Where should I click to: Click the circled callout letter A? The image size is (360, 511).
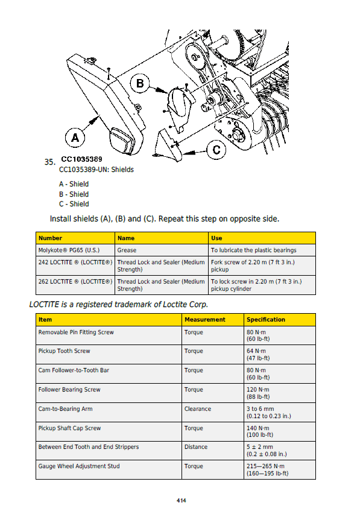point(75,138)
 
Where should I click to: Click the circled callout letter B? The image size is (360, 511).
point(140,83)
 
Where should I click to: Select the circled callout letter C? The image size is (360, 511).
point(216,150)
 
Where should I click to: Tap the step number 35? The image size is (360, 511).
point(49,162)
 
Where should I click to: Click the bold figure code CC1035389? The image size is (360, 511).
point(82,159)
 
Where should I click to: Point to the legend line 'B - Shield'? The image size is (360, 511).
point(74,194)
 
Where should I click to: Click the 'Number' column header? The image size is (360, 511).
point(50,238)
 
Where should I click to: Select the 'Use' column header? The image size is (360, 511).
point(216,238)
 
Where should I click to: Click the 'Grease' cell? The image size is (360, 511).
point(127,250)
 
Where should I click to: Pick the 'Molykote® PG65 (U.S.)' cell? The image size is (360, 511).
point(69,250)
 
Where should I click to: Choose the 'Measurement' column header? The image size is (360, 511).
point(205,320)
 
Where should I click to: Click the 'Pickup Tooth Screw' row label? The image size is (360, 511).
point(64,351)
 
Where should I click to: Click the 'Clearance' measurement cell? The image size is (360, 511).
point(198,409)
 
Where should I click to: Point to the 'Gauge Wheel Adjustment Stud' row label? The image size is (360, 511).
point(79,466)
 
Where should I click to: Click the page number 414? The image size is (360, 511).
point(182,501)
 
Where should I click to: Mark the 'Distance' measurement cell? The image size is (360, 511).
point(196,447)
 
